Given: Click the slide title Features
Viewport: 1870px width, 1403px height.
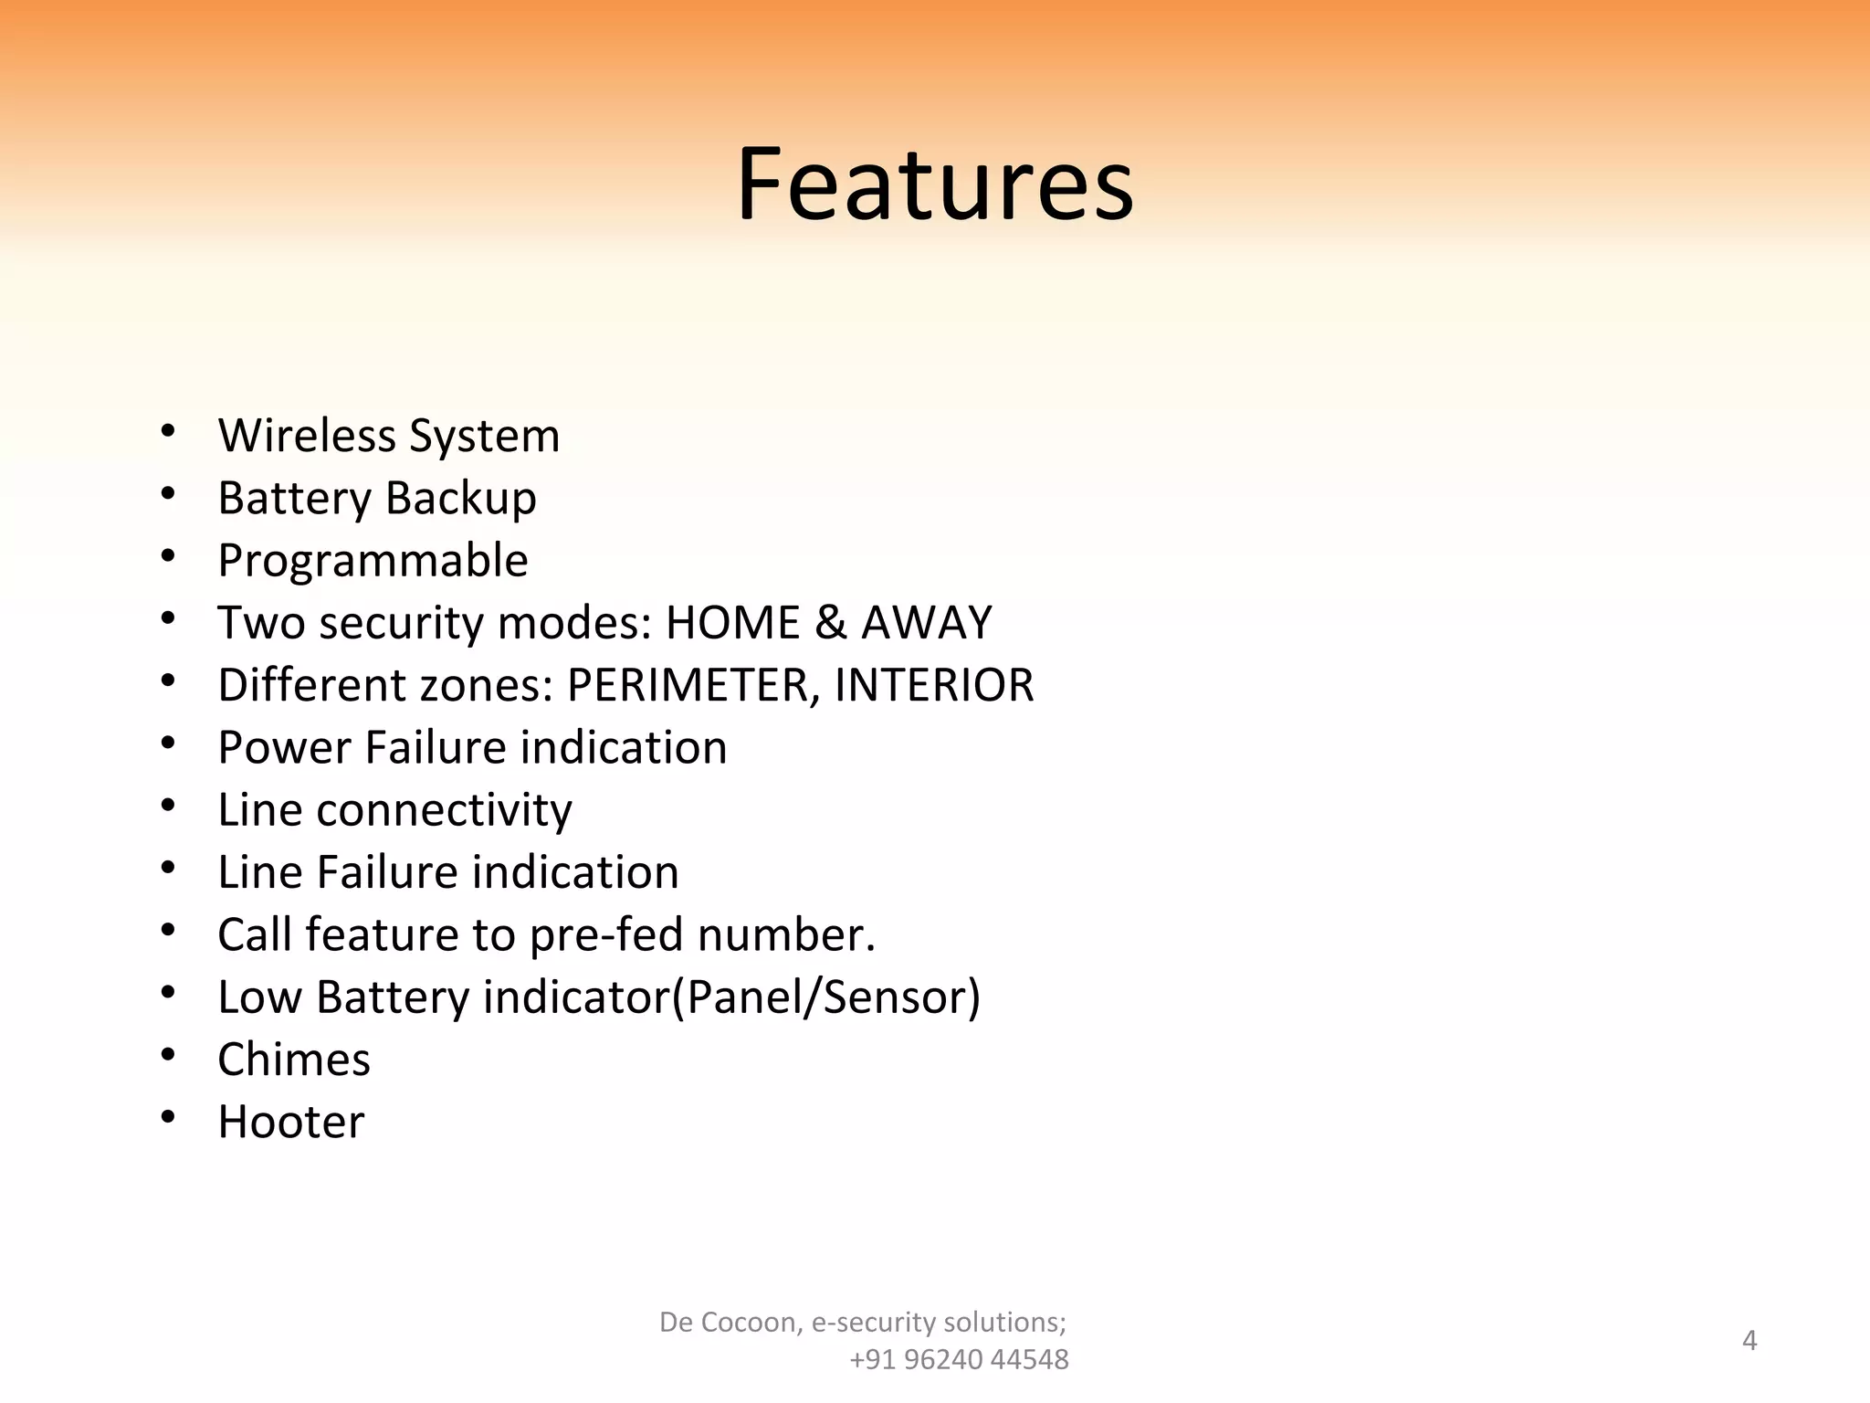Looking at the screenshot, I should (x=934, y=185).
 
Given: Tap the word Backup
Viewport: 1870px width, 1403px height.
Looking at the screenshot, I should (x=460, y=499).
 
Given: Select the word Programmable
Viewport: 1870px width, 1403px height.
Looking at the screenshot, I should (x=373, y=561).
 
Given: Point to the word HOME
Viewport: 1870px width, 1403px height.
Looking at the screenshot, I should (x=732, y=623).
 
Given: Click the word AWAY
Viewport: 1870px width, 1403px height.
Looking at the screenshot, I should (x=926, y=623).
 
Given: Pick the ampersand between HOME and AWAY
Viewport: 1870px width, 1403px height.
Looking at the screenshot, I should (x=830, y=623).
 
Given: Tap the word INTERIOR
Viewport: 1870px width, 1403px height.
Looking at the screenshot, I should (x=934, y=685).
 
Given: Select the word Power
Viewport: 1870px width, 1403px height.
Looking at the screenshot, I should (x=284, y=747).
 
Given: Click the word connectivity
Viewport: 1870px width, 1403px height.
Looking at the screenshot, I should (x=444, y=810).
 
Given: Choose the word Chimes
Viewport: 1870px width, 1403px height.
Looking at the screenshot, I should (x=294, y=1060).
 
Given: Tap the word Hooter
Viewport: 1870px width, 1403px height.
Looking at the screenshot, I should (x=290, y=1122).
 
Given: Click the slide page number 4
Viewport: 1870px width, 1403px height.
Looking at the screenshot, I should (x=1749, y=1340).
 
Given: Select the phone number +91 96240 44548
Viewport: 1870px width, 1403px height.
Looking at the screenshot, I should (x=959, y=1360).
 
